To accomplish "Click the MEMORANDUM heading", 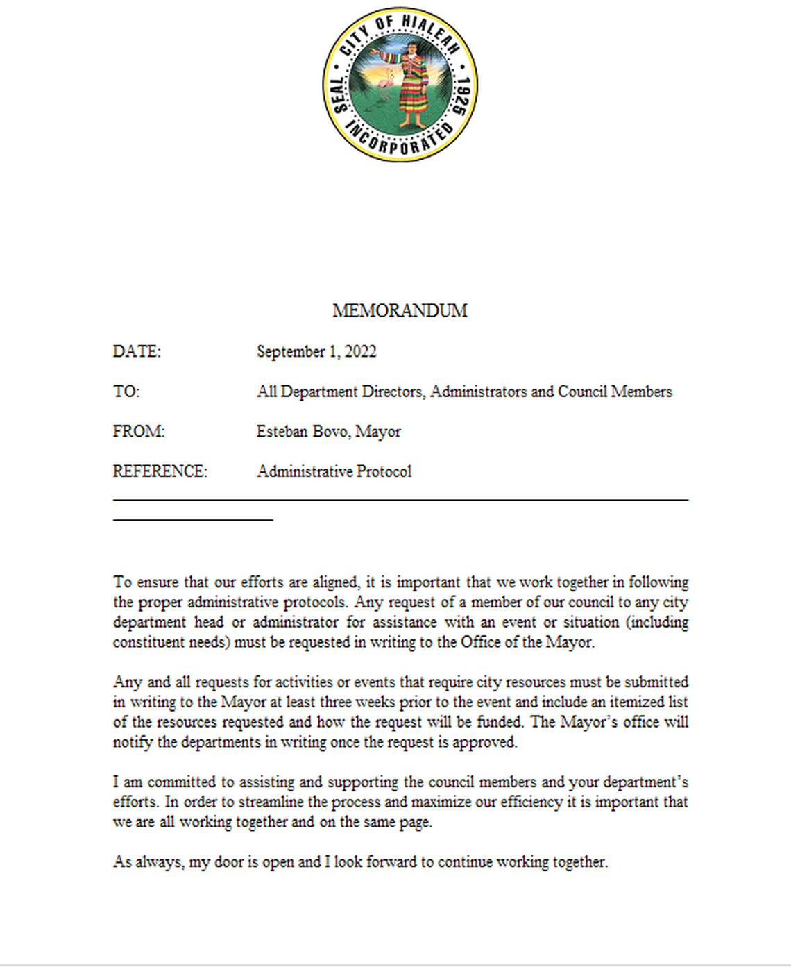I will [400, 310].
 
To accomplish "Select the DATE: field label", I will [137, 351].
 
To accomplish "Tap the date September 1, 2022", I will [316, 351].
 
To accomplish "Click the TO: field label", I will [126, 392].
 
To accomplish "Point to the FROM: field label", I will [139, 431].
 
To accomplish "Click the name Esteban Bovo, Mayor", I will [328, 431].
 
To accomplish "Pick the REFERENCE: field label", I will [160, 471].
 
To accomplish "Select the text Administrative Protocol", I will [334, 471].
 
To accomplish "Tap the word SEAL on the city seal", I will [338, 94].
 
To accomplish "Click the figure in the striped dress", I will [414, 83].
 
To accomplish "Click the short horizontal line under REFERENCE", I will [193, 519].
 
